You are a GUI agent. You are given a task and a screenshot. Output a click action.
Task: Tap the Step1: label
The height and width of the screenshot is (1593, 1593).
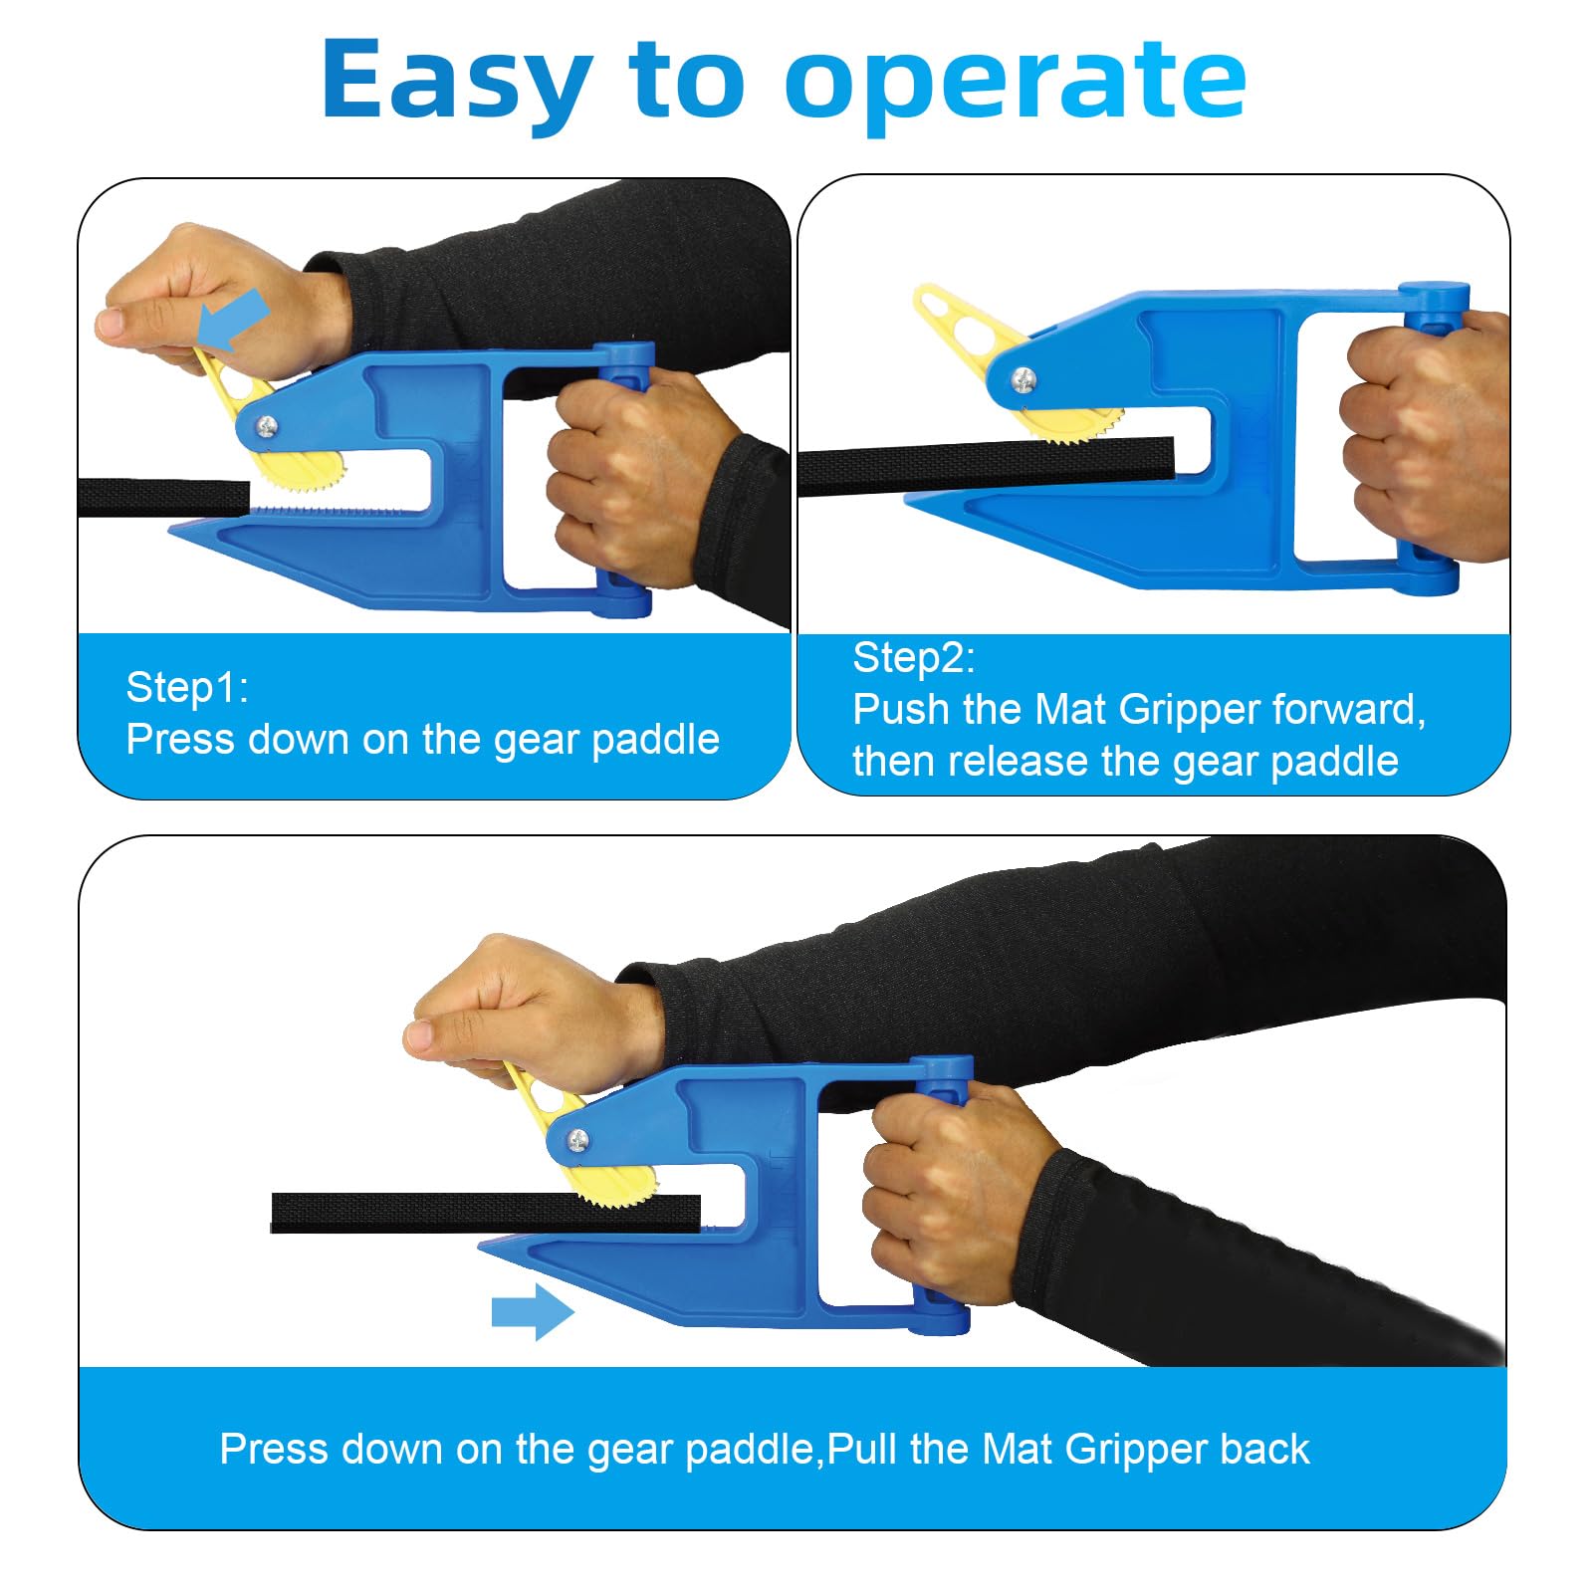[x=187, y=687]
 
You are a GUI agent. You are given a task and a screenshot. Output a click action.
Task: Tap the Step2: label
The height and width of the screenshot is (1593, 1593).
[x=914, y=658]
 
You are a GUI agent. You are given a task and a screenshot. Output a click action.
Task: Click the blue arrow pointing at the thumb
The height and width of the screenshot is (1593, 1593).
[x=234, y=319]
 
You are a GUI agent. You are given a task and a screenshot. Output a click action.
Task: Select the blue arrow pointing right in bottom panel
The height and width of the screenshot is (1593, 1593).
[x=533, y=1311]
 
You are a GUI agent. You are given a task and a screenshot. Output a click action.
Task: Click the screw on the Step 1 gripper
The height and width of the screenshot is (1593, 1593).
[x=267, y=427]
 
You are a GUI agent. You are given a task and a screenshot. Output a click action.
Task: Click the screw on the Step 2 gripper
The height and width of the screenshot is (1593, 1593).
[x=1023, y=378]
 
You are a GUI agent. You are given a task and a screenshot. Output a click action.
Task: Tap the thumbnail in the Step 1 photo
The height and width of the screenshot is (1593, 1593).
[x=111, y=323]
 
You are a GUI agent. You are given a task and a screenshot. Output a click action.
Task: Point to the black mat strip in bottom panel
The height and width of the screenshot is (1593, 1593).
[x=486, y=1213]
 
